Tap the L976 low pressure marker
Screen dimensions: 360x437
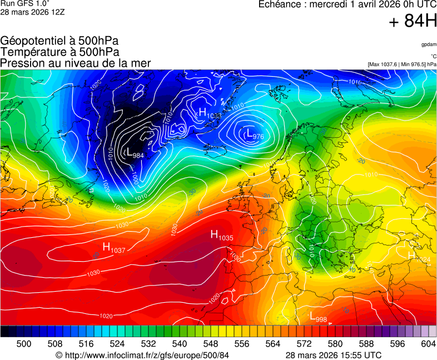254,134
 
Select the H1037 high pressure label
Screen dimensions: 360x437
113,248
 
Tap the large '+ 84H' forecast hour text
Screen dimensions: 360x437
413,21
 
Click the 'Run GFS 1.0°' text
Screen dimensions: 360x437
25,3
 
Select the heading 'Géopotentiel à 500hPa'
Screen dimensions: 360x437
59,41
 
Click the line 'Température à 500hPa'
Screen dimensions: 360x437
59,52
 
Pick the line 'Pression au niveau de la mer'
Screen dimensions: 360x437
76,63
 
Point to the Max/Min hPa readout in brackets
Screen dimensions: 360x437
402,64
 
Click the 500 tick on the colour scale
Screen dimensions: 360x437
23,344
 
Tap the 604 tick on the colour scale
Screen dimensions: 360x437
428,344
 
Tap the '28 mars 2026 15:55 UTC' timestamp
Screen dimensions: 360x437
334,355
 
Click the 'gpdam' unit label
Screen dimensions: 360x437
429,44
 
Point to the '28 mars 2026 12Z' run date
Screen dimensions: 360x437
32,12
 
